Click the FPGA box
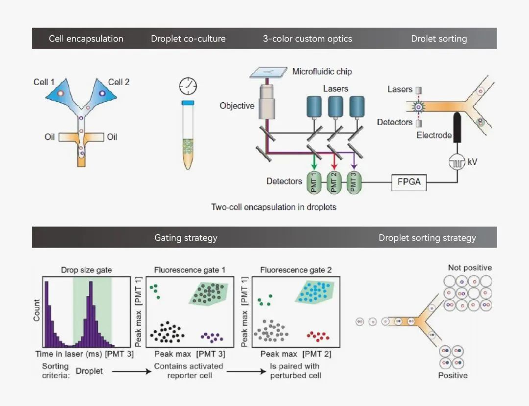click(409, 183)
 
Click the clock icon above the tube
click(188, 86)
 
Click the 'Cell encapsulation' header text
click(86, 39)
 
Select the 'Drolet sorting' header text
click(439, 39)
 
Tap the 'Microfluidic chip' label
click(322, 71)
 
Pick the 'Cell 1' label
click(44, 82)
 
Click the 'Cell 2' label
click(119, 82)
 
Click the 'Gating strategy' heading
click(186, 238)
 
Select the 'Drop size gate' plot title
click(86, 270)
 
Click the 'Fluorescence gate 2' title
click(296, 270)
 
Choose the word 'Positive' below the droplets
click(453, 376)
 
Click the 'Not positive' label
click(470, 268)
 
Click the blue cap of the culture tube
click(188, 103)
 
